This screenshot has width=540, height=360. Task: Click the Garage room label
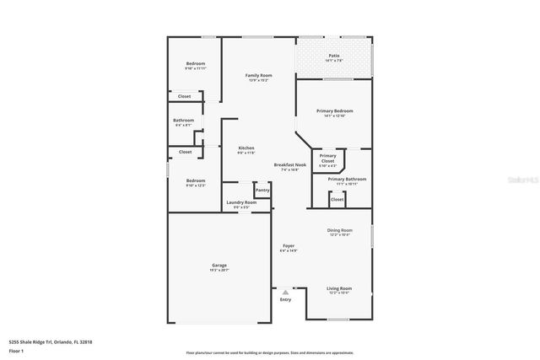click(x=219, y=266)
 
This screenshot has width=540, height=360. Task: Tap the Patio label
click(x=334, y=56)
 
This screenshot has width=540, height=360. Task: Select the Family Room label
click(x=258, y=76)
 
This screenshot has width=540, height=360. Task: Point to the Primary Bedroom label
click(x=334, y=111)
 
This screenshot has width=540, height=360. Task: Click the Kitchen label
click(x=246, y=148)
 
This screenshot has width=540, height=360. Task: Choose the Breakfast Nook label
click(x=289, y=165)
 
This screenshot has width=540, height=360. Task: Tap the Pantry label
click(x=262, y=191)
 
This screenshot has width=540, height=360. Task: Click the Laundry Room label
click(x=239, y=203)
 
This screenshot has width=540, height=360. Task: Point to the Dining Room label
click(x=339, y=230)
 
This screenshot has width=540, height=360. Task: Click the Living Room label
click(x=339, y=288)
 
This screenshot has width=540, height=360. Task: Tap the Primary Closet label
click(x=327, y=159)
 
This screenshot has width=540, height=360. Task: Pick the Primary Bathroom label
click(x=347, y=180)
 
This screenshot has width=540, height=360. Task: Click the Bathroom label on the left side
click(x=184, y=121)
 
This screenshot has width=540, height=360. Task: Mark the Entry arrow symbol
click(x=285, y=292)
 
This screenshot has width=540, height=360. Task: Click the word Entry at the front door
click(x=285, y=299)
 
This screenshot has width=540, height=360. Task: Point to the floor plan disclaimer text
click(x=269, y=353)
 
